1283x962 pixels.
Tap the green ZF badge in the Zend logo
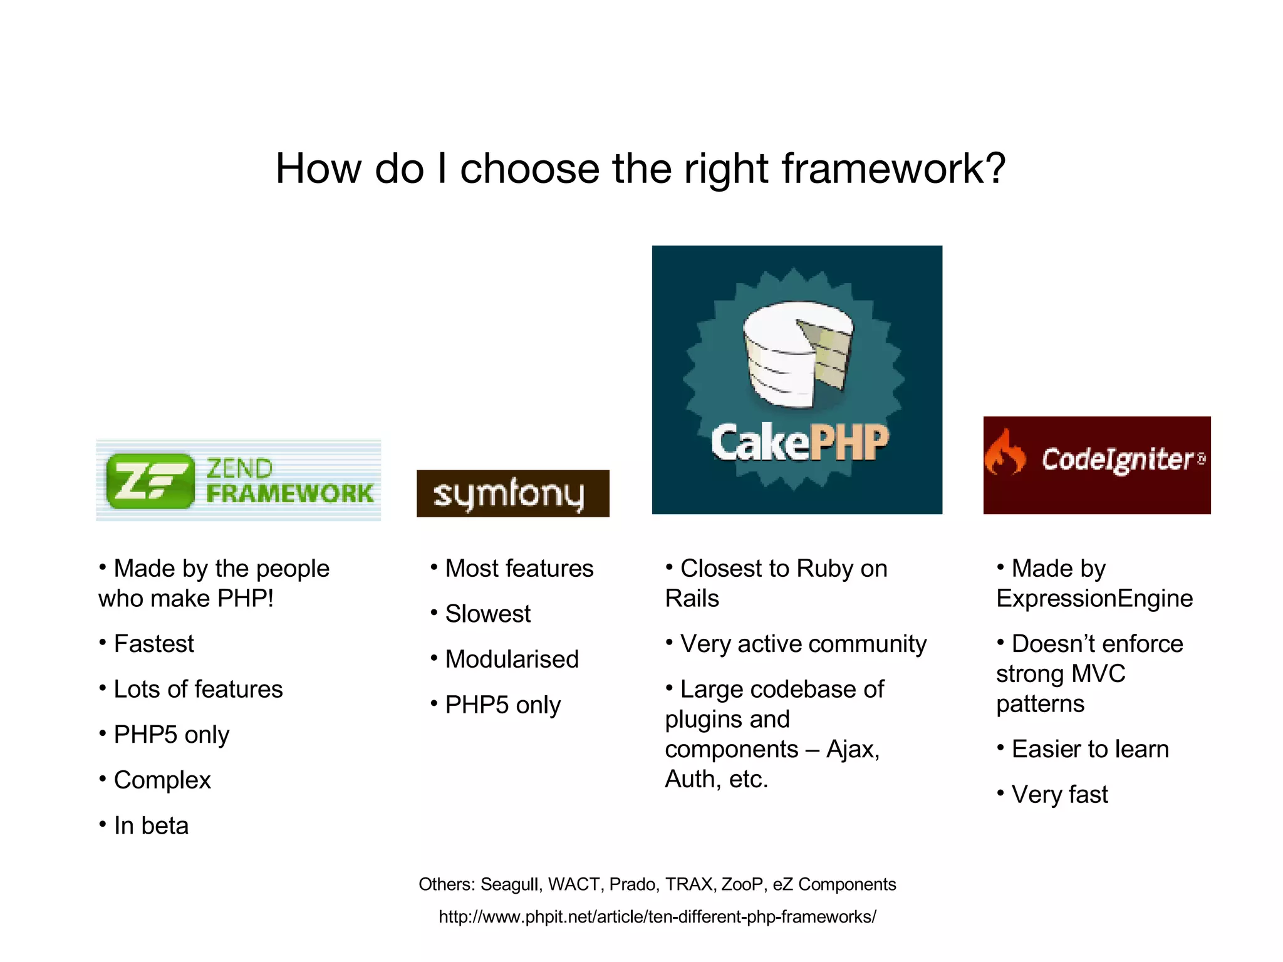point(150,481)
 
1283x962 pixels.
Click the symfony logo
point(512,494)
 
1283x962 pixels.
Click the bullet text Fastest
point(153,644)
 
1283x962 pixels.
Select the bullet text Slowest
point(487,614)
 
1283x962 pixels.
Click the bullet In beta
point(150,825)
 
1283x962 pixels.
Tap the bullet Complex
point(162,780)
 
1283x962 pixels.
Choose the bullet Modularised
point(511,659)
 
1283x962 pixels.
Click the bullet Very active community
point(803,644)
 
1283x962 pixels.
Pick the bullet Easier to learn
point(1089,749)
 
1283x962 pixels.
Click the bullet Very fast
point(1059,795)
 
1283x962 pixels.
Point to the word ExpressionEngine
point(1094,599)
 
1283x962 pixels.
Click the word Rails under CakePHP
point(692,599)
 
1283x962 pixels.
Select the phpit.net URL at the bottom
point(657,917)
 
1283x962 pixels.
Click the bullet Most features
point(519,569)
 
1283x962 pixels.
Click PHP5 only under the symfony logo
point(502,705)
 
